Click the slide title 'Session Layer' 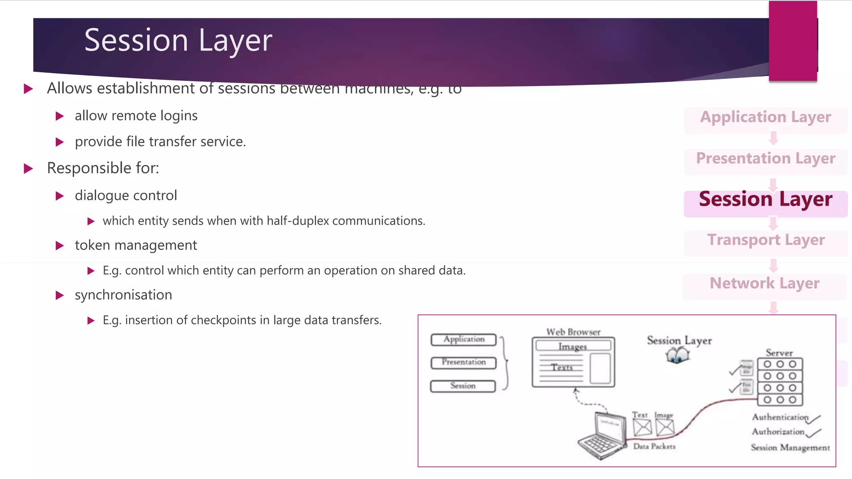pos(178,40)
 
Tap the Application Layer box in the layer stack pos(765,118)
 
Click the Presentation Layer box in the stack pos(765,159)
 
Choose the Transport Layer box pos(765,240)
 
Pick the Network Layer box pos(765,284)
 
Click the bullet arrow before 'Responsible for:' pos(28,168)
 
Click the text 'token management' pos(136,245)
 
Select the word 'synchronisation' pos(123,295)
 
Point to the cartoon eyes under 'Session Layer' pos(677,356)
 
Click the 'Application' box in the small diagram pos(463,340)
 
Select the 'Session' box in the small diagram pos(463,386)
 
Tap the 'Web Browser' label pos(573,332)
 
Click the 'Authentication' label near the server pos(780,417)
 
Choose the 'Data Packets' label pos(654,447)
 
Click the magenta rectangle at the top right pos(793,41)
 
